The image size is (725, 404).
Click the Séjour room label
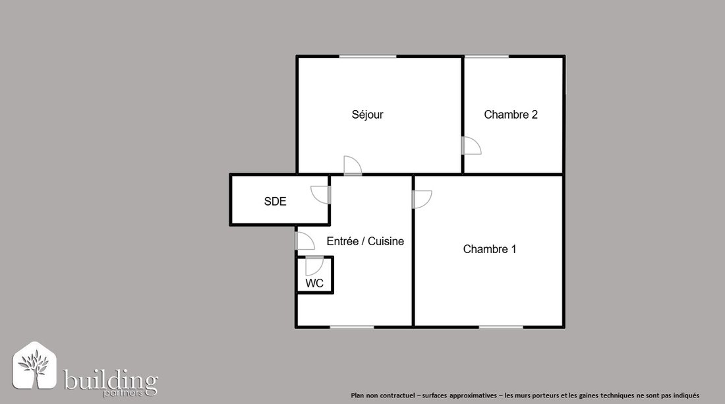(368, 114)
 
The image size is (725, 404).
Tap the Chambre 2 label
(511, 114)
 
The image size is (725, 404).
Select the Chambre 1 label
(490, 249)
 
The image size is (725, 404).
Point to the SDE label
(275, 201)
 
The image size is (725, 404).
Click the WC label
(314, 283)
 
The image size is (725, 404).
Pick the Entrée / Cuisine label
(365, 241)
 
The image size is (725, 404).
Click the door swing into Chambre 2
(472, 146)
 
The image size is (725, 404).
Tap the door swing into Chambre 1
(422, 199)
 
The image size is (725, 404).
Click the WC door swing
(314, 266)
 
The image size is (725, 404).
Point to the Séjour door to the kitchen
(353, 165)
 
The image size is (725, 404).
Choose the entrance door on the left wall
(304, 241)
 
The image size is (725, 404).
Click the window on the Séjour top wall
(368, 57)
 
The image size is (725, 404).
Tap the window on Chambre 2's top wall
(487, 57)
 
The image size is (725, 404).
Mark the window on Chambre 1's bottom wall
(501, 327)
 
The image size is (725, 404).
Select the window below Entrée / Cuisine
(352, 327)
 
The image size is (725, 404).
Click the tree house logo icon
(34, 366)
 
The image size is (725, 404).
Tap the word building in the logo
(111, 380)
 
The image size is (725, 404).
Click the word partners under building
(123, 393)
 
